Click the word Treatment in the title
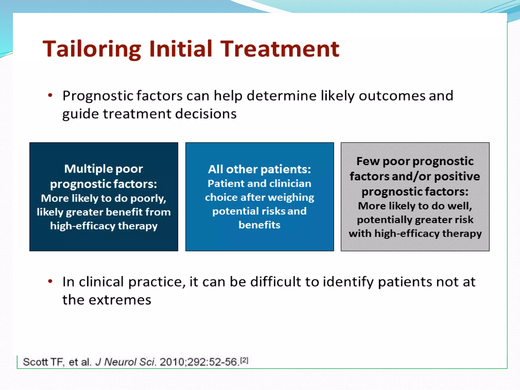(x=280, y=49)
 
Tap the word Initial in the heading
(x=181, y=49)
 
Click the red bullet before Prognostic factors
(x=50, y=95)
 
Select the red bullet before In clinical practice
(x=50, y=281)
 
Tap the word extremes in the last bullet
(x=120, y=300)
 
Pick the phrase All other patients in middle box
(x=259, y=169)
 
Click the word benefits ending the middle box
(x=259, y=225)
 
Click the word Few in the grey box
(x=367, y=161)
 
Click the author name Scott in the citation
(x=36, y=362)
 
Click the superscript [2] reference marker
(x=244, y=360)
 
